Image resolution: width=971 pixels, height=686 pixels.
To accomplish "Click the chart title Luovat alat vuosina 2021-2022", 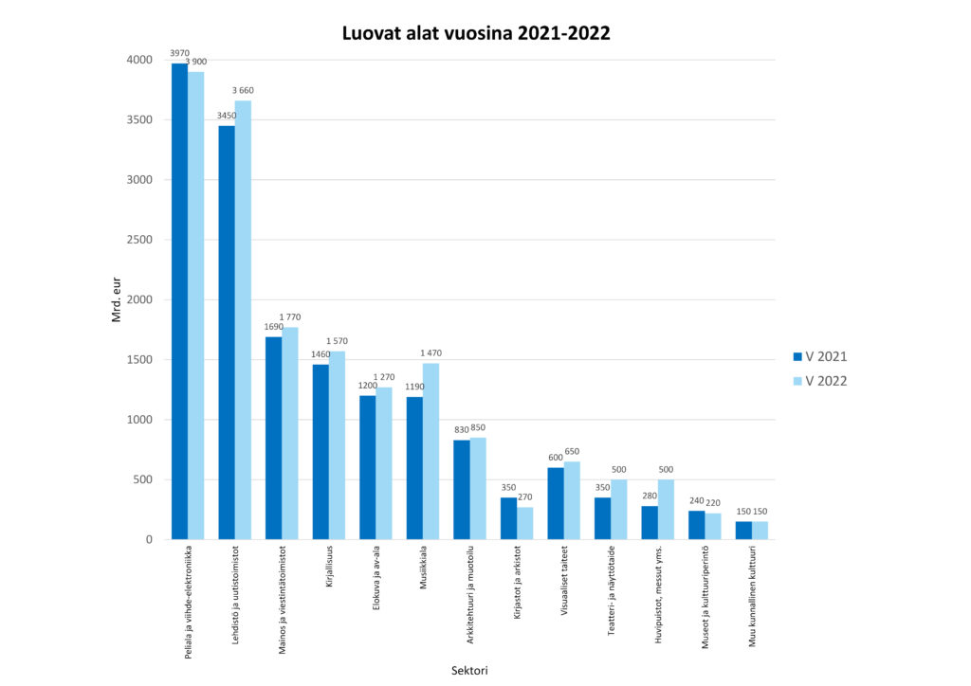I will click(476, 33).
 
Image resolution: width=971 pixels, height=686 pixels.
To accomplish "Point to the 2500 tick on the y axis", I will click(138, 240).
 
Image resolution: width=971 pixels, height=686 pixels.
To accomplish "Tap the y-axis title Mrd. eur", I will click(117, 299).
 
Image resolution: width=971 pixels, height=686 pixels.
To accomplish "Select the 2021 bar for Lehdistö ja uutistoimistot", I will click(227, 332).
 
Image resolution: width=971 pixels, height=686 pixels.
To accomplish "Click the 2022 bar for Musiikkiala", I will click(431, 451).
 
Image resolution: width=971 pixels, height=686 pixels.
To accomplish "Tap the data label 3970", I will click(179, 53).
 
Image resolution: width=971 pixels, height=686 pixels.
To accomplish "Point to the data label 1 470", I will click(431, 353).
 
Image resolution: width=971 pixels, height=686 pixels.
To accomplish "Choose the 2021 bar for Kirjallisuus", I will click(321, 451).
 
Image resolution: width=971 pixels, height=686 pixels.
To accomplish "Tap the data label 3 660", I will click(244, 91).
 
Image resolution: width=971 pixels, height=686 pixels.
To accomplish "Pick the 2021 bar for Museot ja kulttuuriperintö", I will click(696, 525).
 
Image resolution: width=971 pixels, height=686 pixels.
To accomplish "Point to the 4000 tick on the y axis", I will click(138, 60).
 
